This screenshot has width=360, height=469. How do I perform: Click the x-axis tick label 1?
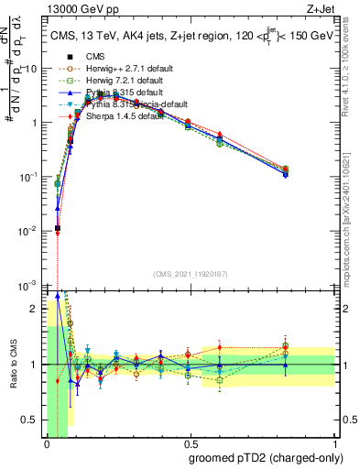coord(332,443)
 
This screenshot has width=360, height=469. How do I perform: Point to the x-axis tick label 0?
coord(46,443)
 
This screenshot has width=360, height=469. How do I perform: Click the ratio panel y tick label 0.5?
coord(28,420)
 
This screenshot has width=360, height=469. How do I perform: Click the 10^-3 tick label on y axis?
coord(28,285)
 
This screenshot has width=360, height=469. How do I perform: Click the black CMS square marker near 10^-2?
coord(58,228)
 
